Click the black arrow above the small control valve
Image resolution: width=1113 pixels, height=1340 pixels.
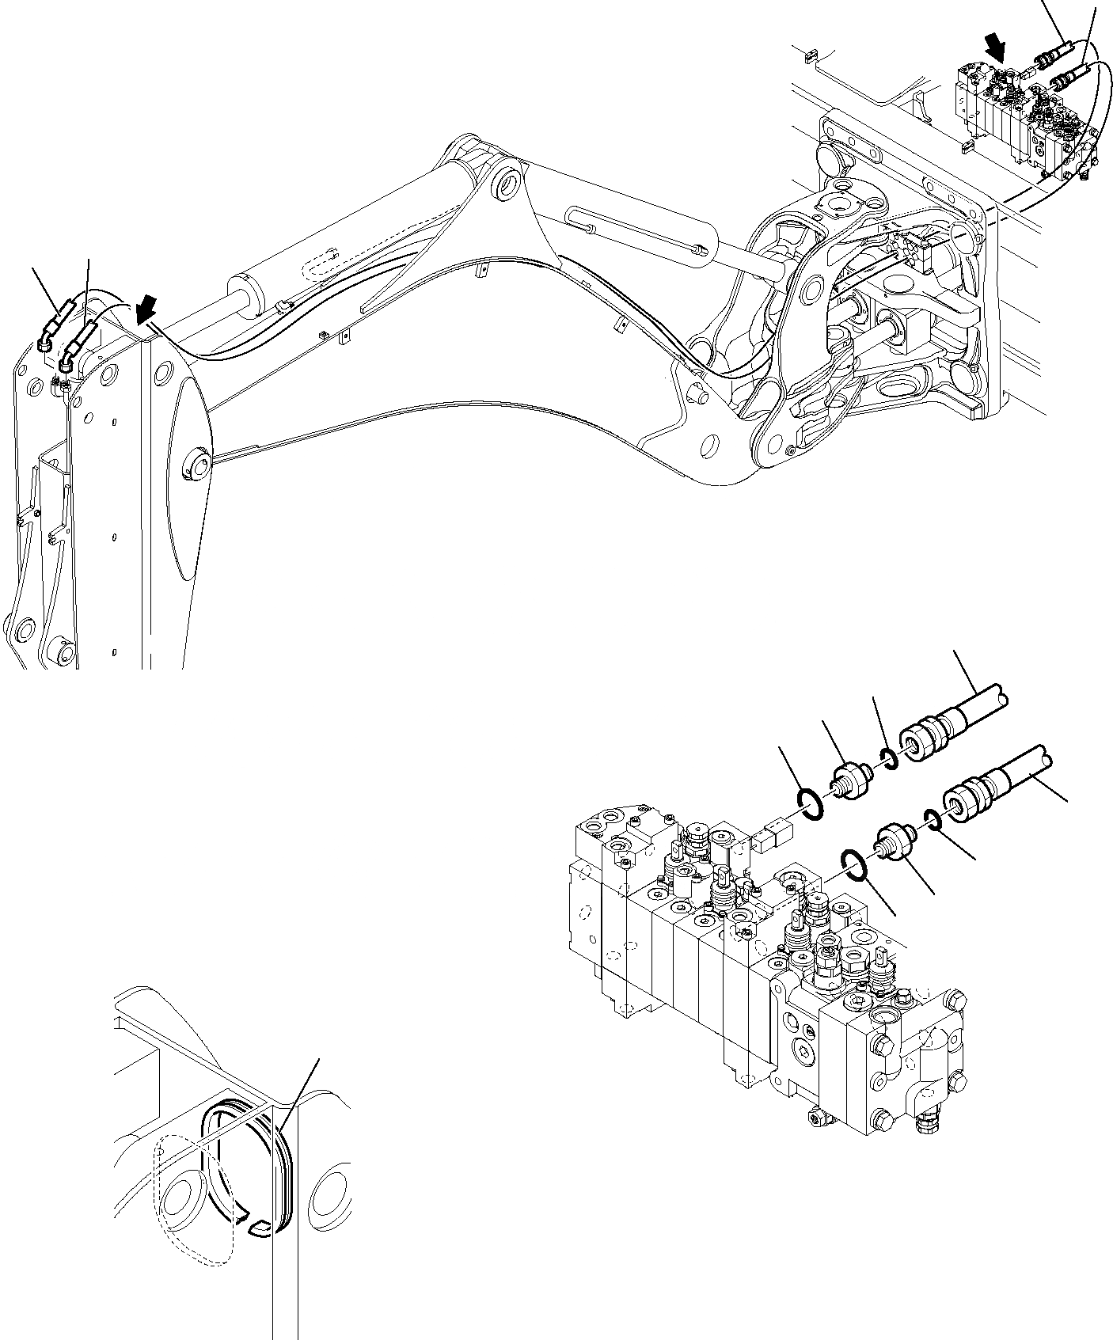996,51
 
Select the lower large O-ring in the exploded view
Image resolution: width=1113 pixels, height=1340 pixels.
855,864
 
